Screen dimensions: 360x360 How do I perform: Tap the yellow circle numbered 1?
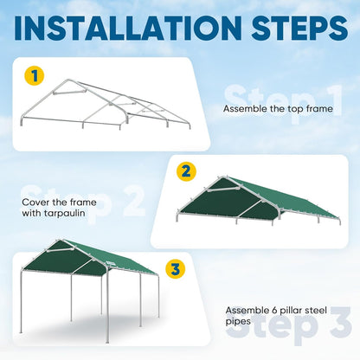click(x=35, y=76)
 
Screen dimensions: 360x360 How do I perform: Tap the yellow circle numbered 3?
click(x=176, y=269)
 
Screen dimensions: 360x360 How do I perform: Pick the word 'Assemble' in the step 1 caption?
click(x=242, y=110)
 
